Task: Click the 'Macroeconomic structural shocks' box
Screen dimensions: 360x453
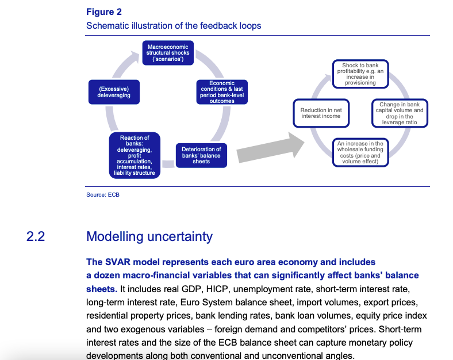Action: [168, 52]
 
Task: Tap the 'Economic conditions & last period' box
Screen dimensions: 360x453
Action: [221, 92]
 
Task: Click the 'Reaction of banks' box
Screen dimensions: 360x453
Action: [135, 155]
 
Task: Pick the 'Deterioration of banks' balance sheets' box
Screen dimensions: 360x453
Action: [201, 155]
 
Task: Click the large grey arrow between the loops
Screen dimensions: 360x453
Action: [270, 150]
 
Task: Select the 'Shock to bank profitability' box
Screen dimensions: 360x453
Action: [360, 74]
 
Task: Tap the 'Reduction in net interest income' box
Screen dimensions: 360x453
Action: [320, 113]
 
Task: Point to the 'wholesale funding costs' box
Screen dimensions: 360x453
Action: [360, 152]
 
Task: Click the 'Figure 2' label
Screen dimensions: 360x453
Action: [103, 12]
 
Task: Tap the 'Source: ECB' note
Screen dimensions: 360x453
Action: [103, 195]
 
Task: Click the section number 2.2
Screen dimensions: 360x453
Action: [36, 236]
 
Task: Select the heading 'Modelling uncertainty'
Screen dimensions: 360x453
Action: [149, 236]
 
